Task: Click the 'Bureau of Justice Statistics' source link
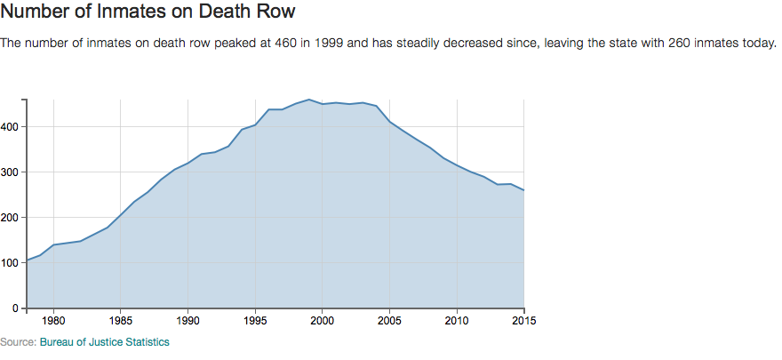pyautogui.click(x=105, y=342)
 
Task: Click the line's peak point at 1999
pyautogui.click(x=308, y=100)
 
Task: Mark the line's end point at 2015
pyautogui.click(x=523, y=190)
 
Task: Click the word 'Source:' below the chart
pyautogui.click(x=19, y=342)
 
